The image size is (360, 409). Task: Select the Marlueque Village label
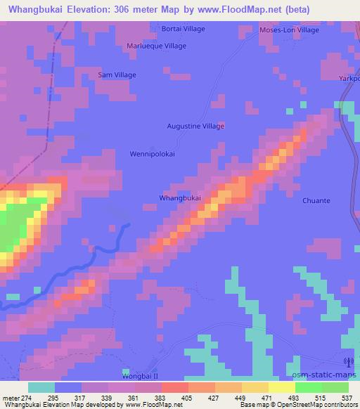coord(156,46)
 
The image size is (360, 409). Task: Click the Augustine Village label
coord(195,126)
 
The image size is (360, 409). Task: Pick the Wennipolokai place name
coord(153,153)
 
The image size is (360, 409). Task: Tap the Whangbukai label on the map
coord(181,198)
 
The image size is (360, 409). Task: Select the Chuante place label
coord(316,200)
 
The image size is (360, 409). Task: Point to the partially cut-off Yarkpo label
coord(349,78)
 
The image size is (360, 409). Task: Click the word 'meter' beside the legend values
coord(9,397)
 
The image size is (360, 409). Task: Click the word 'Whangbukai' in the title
coord(39,8)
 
